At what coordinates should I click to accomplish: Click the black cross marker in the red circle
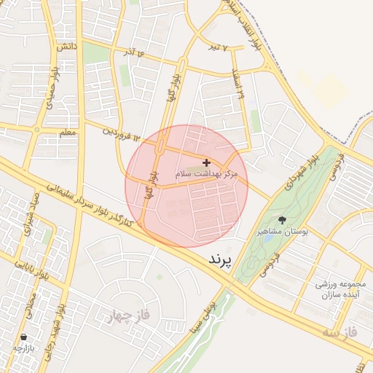pos(207,162)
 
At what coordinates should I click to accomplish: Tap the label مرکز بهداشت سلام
pos(207,175)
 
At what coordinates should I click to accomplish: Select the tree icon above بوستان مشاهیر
pos(282,219)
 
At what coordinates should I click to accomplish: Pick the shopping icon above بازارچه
pos(25,337)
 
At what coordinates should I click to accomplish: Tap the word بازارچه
pos(24,348)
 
